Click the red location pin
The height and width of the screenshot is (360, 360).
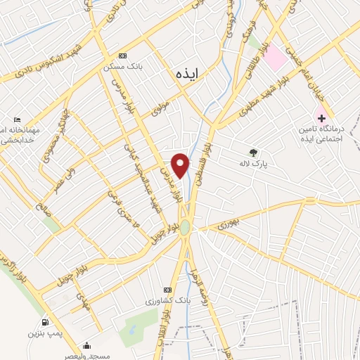(x=181, y=164)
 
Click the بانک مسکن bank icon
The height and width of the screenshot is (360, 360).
(x=124, y=56)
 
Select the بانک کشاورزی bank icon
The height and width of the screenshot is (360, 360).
(x=167, y=290)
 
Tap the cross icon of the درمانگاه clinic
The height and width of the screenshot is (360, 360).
(x=322, y=117)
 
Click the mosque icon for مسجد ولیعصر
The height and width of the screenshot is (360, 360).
(x=86, y=345)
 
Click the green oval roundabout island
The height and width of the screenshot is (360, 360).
(x=185, y=228)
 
